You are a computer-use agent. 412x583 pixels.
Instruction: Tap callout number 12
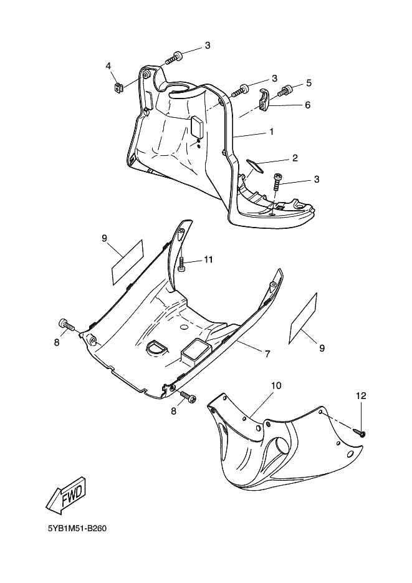point(362,396)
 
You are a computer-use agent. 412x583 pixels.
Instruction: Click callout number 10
point(275,386)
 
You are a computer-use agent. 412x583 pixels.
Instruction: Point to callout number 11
point(208,259)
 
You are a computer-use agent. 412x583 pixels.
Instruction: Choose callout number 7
point(267,354)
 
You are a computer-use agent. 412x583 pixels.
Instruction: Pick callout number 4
point(108,65)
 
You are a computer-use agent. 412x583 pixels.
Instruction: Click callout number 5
point(309,83)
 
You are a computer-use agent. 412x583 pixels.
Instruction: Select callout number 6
point(307,105)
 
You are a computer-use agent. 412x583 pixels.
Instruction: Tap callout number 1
point(272,132)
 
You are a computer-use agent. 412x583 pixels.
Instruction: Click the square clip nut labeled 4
point(117,87)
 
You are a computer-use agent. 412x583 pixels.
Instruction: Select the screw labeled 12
point(361,431)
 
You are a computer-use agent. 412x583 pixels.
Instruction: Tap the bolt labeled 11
point(182,265)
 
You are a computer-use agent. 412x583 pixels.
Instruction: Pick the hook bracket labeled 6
point(264,100)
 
